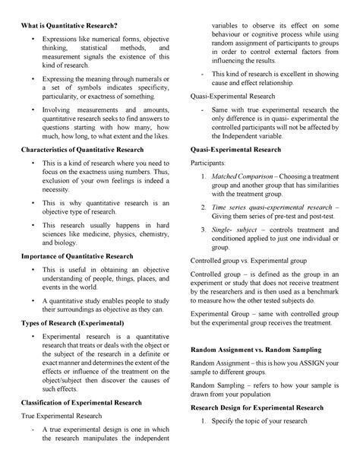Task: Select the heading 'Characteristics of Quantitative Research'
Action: (88, 149)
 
